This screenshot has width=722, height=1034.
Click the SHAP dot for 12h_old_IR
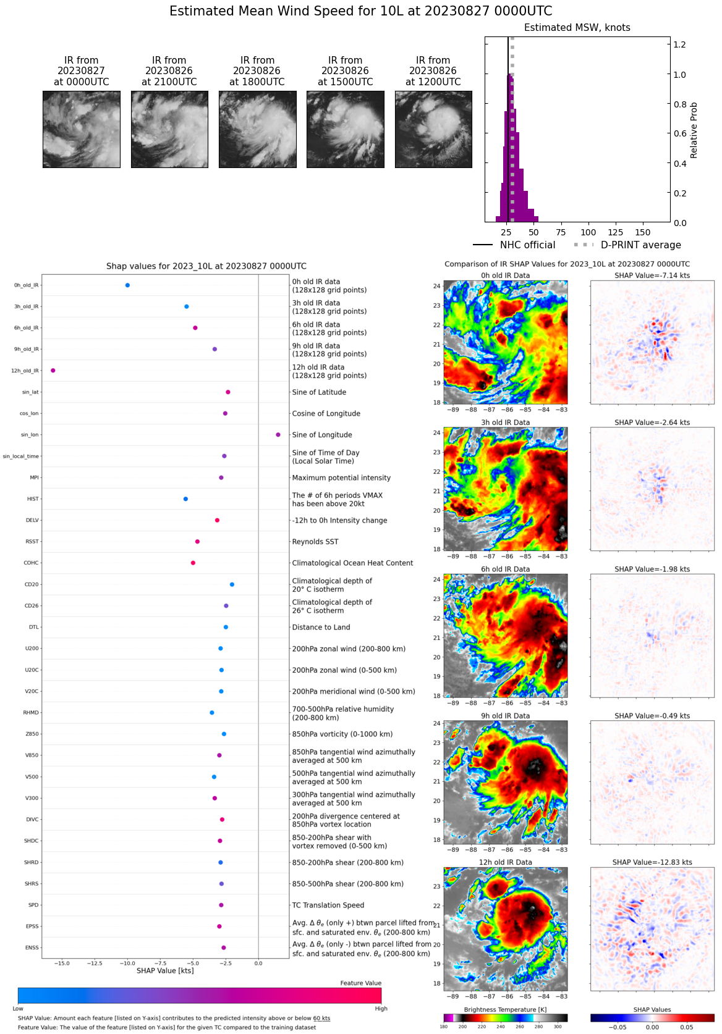53,371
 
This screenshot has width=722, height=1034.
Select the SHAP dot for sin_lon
278,435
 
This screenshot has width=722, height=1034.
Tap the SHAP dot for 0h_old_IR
127,285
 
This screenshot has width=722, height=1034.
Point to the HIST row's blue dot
185,499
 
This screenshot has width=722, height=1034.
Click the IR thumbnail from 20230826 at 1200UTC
433,129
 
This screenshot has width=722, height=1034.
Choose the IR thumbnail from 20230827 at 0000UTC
82,129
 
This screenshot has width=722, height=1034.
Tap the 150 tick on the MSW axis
643,232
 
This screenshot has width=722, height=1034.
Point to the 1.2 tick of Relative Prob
679,44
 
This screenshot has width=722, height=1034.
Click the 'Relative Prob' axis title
694,130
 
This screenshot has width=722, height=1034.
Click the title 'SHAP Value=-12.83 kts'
652,862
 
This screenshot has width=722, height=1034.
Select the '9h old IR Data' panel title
505,716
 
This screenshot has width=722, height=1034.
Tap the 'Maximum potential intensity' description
341,478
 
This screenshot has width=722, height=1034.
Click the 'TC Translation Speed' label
328,906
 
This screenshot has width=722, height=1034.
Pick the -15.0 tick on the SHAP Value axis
62,963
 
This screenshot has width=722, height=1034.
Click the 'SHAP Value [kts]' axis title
165,971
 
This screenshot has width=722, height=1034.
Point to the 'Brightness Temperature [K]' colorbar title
505,1010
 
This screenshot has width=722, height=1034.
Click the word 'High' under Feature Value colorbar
381,1009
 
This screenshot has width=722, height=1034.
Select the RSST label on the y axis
32,542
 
